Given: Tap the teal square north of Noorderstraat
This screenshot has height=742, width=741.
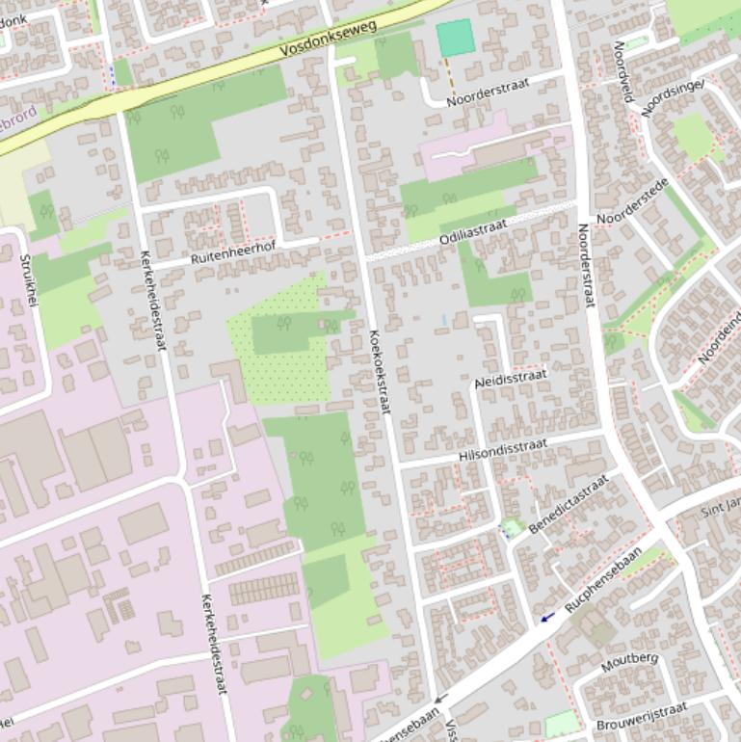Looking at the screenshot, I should pos(456,38).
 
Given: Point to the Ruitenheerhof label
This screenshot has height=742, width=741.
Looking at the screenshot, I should pos(232,252).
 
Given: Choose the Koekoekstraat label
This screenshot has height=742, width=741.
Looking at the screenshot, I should pos(380,372).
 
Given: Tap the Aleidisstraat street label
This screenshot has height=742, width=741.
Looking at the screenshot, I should pos(511,379).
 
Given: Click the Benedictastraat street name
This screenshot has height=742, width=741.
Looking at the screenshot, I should pos(569,504).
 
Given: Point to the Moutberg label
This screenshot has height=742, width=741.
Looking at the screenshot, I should pos(629,662).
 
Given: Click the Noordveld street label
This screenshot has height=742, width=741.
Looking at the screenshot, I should pos(627,72).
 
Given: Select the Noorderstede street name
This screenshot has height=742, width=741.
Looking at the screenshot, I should pos(632,203).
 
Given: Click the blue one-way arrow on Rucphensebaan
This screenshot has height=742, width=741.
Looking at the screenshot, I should pos(547,617).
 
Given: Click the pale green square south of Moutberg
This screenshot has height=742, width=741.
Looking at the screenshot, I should pos(562,724).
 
